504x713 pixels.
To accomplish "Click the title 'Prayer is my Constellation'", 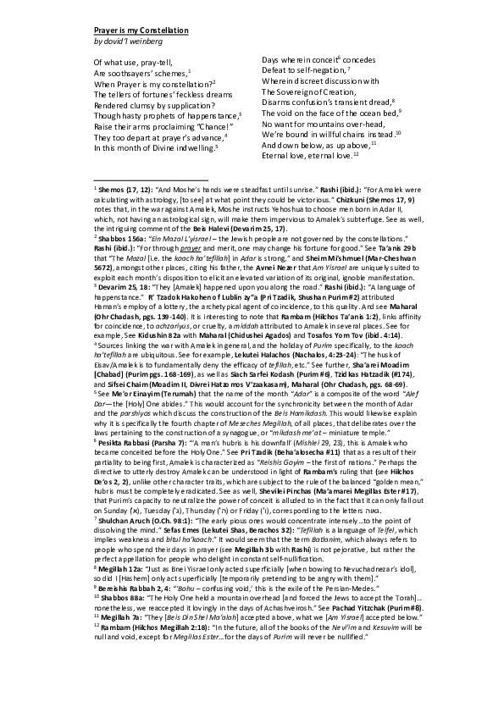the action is [x=141, y=30].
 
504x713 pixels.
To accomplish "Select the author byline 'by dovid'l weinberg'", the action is [x=129, y=41].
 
